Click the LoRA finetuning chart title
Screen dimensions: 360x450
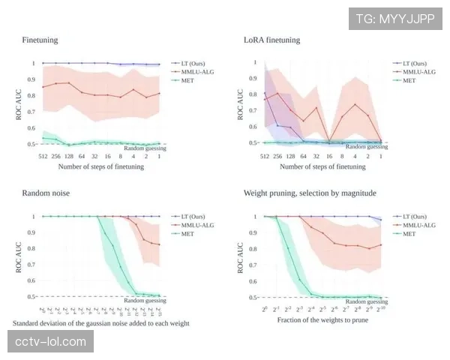[x=271, y=39]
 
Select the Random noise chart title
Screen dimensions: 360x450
[x=46, y=193]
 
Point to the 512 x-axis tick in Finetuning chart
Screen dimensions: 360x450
[x=44, y=157]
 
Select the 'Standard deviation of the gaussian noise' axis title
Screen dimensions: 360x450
[x=101, y=323]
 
